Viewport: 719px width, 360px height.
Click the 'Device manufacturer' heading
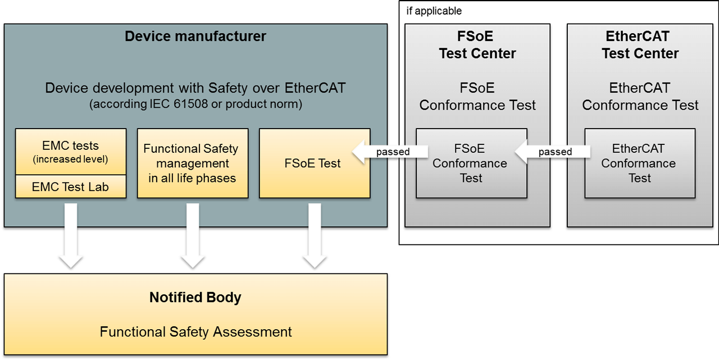tap(195, 37)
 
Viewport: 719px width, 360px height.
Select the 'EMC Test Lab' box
tap(71, 187)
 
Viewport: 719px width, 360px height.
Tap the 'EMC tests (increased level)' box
tap(71, 152)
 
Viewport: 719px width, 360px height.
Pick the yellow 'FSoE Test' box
tap(315, 163)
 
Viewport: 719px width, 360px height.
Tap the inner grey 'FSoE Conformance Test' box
tap(471, 163)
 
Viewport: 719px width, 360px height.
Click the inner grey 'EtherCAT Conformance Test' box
tap(639, 163)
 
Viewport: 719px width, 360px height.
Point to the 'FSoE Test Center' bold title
tap(477, 45)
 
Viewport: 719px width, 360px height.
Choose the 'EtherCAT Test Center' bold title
tap(640, 45)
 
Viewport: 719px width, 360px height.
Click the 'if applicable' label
tap(434, 11)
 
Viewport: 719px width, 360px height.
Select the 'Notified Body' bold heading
tap(195, 298)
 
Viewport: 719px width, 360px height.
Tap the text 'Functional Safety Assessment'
tap(195, 332)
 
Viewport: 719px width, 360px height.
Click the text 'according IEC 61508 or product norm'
tap(195, 104)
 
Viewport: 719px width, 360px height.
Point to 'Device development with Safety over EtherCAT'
tap(195, 88)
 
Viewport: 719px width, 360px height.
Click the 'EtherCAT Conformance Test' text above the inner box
tap(640, 97)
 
